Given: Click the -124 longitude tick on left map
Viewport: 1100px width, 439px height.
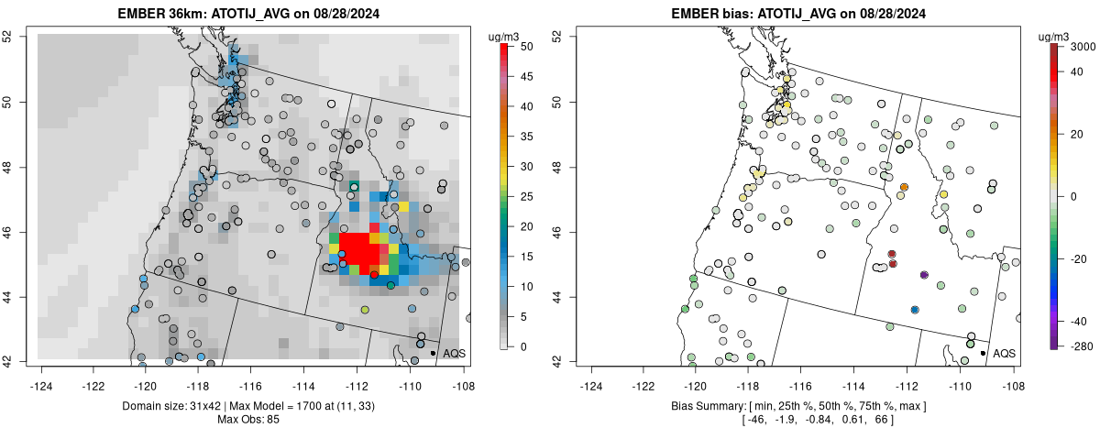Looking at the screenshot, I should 40,376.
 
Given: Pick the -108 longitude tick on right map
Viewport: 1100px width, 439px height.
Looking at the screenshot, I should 1013,376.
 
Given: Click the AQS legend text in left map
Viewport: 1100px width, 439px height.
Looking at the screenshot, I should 454,353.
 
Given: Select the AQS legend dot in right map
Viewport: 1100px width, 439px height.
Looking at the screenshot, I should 983,353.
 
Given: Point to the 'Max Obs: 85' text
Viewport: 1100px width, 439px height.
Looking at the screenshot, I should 248,420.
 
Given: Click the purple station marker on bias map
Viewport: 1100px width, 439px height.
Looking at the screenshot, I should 924,275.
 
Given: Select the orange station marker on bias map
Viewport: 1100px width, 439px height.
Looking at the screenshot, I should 904,187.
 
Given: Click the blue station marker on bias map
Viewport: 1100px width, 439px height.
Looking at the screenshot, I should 915,310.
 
